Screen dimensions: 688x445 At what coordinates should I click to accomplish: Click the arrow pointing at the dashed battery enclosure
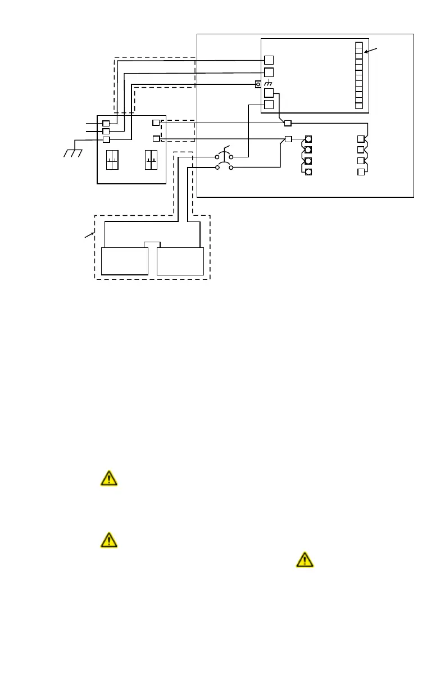[x=89, y=234]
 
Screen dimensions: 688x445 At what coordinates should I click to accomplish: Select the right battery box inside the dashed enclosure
[x=180, y=261]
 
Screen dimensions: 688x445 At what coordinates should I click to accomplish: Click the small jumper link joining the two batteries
[x=152, y=244]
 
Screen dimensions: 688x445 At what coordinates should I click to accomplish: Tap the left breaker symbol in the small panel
[x=113, y=160]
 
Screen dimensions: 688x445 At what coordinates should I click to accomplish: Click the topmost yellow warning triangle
[x=108, y=478]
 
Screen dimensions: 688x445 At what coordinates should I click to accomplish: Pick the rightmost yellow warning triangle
[x=304, y=559]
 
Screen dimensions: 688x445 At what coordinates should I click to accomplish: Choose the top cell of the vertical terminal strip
[x=359, y=46]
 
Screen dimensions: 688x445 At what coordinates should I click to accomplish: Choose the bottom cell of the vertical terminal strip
[x=359, y=105]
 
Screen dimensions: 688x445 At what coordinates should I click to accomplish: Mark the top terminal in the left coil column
[x=308, y=139]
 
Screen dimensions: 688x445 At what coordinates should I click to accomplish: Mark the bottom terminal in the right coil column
[x=361, y=171]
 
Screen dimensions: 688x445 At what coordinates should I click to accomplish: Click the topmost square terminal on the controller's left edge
[x=269, y=60]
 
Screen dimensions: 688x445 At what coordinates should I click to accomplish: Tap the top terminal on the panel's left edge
[x=106, y=123]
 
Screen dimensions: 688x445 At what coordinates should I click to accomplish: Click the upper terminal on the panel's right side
[x=156, y=123]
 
